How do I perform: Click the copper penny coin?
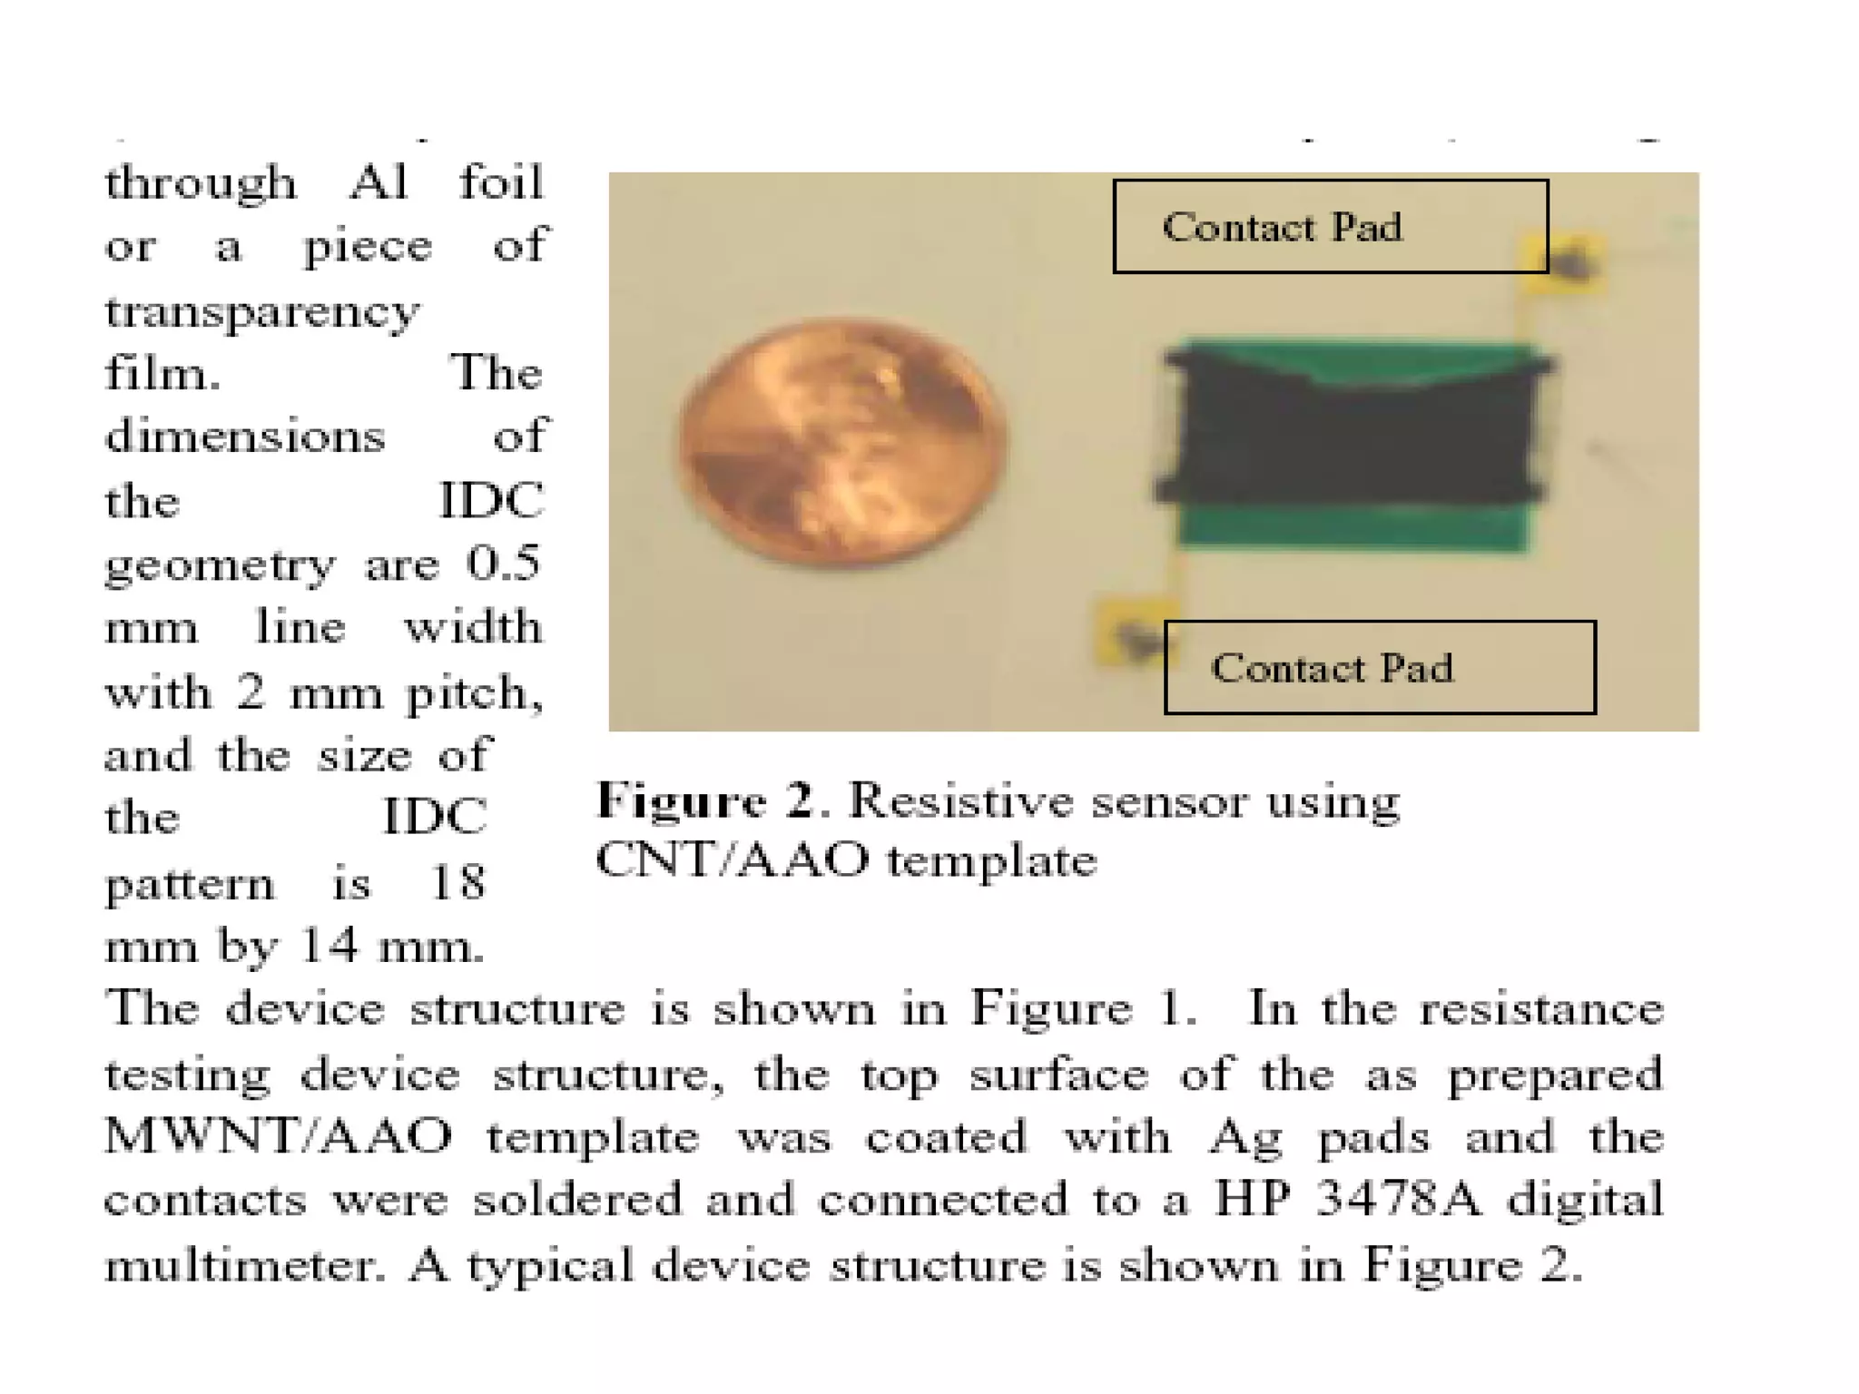(842, 443)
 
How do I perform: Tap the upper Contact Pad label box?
(1330, 226)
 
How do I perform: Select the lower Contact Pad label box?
(1379, 667)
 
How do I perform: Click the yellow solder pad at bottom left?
(1130, 631)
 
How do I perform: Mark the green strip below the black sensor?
(1352, 526)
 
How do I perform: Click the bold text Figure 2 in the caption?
(705, 800)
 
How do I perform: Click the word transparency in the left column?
(262, 311)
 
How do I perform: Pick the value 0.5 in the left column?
(503, 563)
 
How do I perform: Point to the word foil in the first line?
(500, 182)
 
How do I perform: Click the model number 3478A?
(1398, 1199)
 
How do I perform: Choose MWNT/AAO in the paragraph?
(278, 1135)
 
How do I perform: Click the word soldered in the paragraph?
(577, 1199)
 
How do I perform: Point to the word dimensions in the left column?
(245, 437)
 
